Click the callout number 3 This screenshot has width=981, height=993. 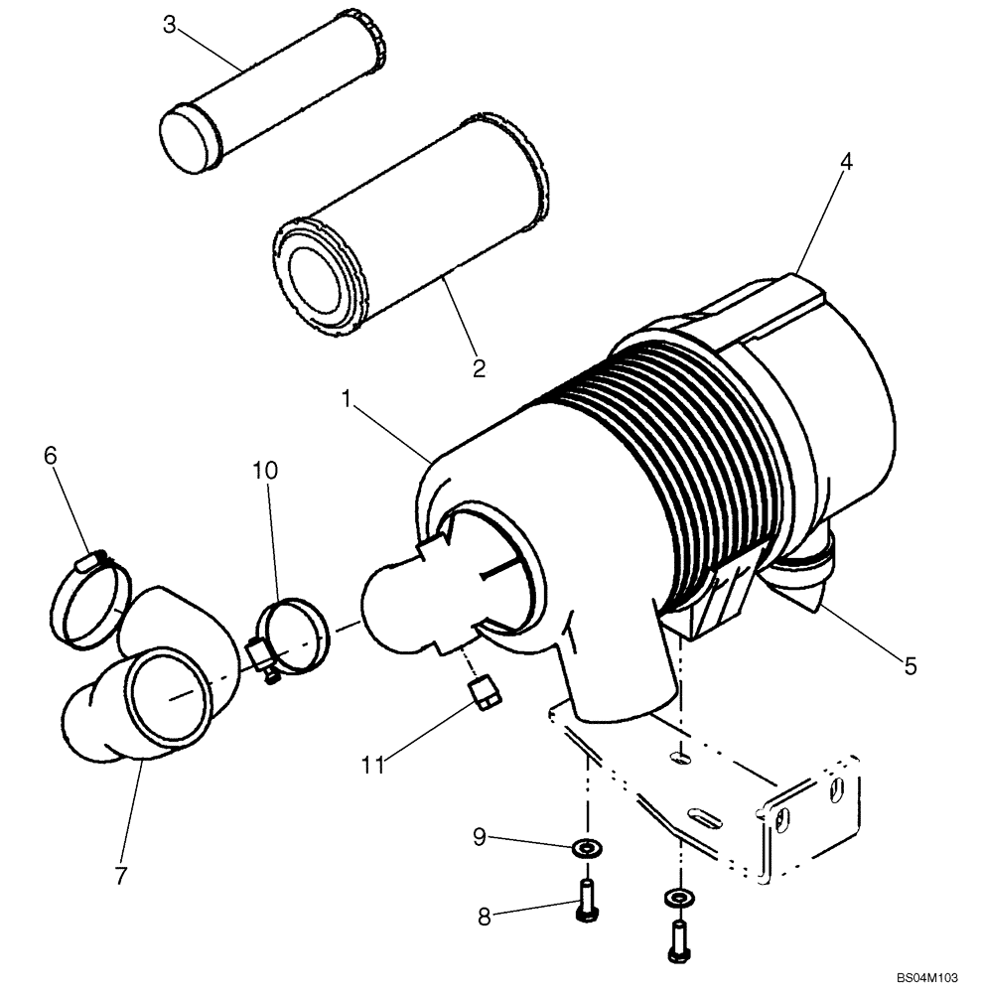pos(170,25)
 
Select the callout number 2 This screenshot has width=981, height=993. pos(480,368)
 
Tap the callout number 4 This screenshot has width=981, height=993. pos(846,161)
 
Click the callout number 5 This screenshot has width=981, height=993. pos(910,665)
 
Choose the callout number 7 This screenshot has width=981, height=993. pos(120,875)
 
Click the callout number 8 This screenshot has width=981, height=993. pos(485,917)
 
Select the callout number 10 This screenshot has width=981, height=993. pos(264,470)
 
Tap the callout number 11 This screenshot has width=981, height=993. pos(372,765)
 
